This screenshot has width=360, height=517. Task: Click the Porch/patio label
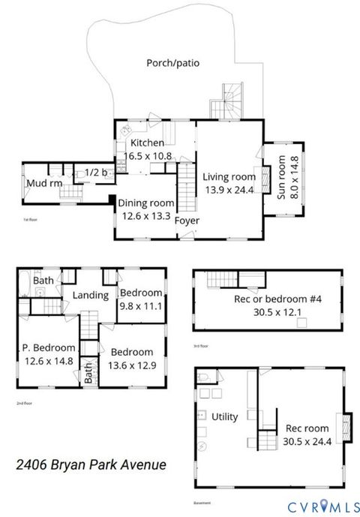[172, 63]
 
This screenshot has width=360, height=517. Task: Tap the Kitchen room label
[147, 143]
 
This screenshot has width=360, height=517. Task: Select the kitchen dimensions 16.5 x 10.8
[147, 156]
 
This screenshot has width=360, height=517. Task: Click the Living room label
[229, 177]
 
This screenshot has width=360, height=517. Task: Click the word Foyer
[187, 221]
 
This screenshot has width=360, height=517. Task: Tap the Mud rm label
[39, 183]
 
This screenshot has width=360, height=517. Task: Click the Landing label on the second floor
[91, 295]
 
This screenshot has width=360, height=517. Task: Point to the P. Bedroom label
[48, 347]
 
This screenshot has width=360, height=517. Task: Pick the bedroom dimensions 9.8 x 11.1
[141, 305]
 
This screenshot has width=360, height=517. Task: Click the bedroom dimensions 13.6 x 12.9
[131, 365]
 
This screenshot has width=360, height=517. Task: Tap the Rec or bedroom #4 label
[268, 301]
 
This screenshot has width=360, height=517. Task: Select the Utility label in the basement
[224, 416]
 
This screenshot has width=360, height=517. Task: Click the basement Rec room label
[303, 428]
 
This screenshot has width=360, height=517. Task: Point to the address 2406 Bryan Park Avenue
[91, 465]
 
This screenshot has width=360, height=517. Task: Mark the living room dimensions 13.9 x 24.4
[229, 191]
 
